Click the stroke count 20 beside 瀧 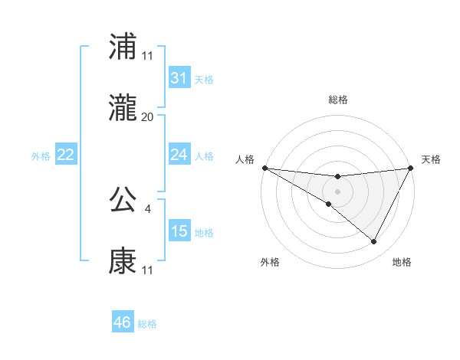pyautogui.click(x=147, y=117)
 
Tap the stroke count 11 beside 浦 pyautogui.click(x=147, y=56)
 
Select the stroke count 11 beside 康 pyautogui.click(x=147, y=270)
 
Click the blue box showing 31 pyautogui.click(x=179, y=77)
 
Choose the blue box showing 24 pyautogui.click(x=179, y=155)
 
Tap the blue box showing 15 pyautogui.click(x=179, y=231)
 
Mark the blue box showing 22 pyautogui.click(x=66, y=155)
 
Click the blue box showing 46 pyautogui.click(x=123, y=322)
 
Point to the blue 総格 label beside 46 pyautogui.click(x=148, y=324)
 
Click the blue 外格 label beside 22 pyautogui.click(x=41, y=155)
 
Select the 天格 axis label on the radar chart pyautogui.click(x=432, y=159)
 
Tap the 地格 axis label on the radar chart pyautogui.click(x=402, y=263)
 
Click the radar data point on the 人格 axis pyautogui.click(x=264, y=167)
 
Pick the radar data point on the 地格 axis pyautogui.click(x=374, y=242)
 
